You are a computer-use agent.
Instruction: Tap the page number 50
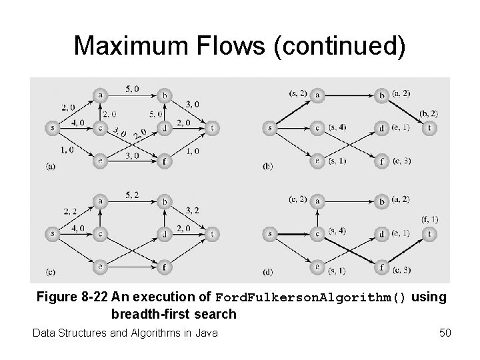pos(445,332)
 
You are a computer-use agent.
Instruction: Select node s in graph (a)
pos(51,127)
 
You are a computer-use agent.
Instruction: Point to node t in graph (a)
pos(213,127)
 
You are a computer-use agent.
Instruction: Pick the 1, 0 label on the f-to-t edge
pos(192,152)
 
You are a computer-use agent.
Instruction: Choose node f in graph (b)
pos(381,160)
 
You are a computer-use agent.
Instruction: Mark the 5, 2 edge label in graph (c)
pos(132,194)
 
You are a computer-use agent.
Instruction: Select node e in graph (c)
pos(100,267)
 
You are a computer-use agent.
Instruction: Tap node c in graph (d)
pos(319,234)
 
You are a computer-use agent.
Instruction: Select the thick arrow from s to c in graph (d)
pos(294,234)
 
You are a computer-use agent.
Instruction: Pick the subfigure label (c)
pos(50,271)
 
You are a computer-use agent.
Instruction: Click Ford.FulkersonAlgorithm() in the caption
pos(310,298)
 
